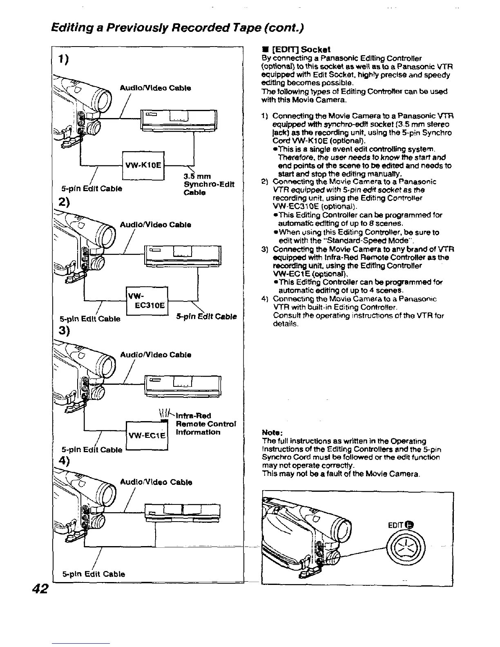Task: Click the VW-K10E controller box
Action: tap(143, 165)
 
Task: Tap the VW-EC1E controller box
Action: tap(147, 435)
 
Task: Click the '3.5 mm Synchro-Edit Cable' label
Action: tap(209, 184)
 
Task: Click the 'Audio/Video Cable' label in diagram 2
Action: tap(155, 225)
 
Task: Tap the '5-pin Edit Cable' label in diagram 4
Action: tap(94, 573)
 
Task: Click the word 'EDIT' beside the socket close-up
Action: tap(394, 525)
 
